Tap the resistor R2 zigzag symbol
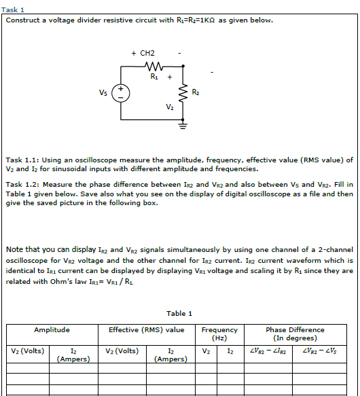[x=182, y=93]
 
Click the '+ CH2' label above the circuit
[x=143, y=53]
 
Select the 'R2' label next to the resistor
[x=195, y=92]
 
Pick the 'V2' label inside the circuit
[x=169, y=107]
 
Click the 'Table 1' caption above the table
[x=179, y=313]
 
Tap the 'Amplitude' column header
[x=52, y=330]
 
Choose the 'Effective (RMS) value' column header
[x=146, y=330]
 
